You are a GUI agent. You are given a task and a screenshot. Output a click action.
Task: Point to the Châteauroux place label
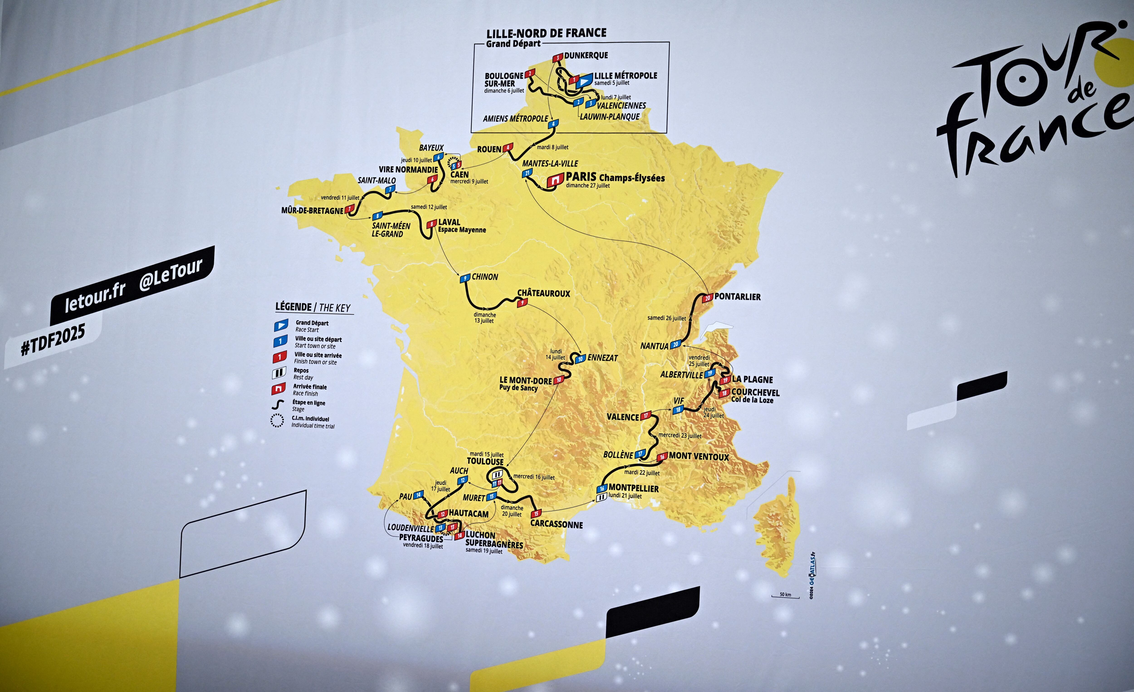544,293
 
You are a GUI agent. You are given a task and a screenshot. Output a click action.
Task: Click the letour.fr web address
95,297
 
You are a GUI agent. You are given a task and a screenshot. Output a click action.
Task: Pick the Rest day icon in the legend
279,373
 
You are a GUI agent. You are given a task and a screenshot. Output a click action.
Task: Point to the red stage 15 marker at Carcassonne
536,513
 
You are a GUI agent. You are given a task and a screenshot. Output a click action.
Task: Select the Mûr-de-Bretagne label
313,211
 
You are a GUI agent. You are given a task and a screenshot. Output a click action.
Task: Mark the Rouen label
489,149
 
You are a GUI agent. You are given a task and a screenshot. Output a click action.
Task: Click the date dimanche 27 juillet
588,186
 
